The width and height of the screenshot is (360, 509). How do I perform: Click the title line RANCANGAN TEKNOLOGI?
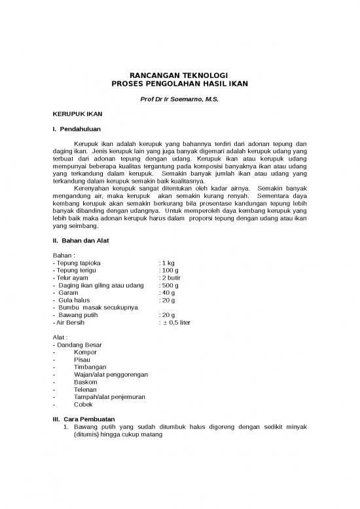click(x=179, y=76)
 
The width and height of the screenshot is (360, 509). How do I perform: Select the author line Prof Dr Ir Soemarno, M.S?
click(x=179, y=100)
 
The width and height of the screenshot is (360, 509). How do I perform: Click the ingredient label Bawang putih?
click(x=79, y=315)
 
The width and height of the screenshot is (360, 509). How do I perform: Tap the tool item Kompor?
click(x=85, y=353)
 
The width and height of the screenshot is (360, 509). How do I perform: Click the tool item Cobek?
click(x=84, y=405)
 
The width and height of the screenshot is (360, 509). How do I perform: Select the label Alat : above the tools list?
click(x=60, y=337)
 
